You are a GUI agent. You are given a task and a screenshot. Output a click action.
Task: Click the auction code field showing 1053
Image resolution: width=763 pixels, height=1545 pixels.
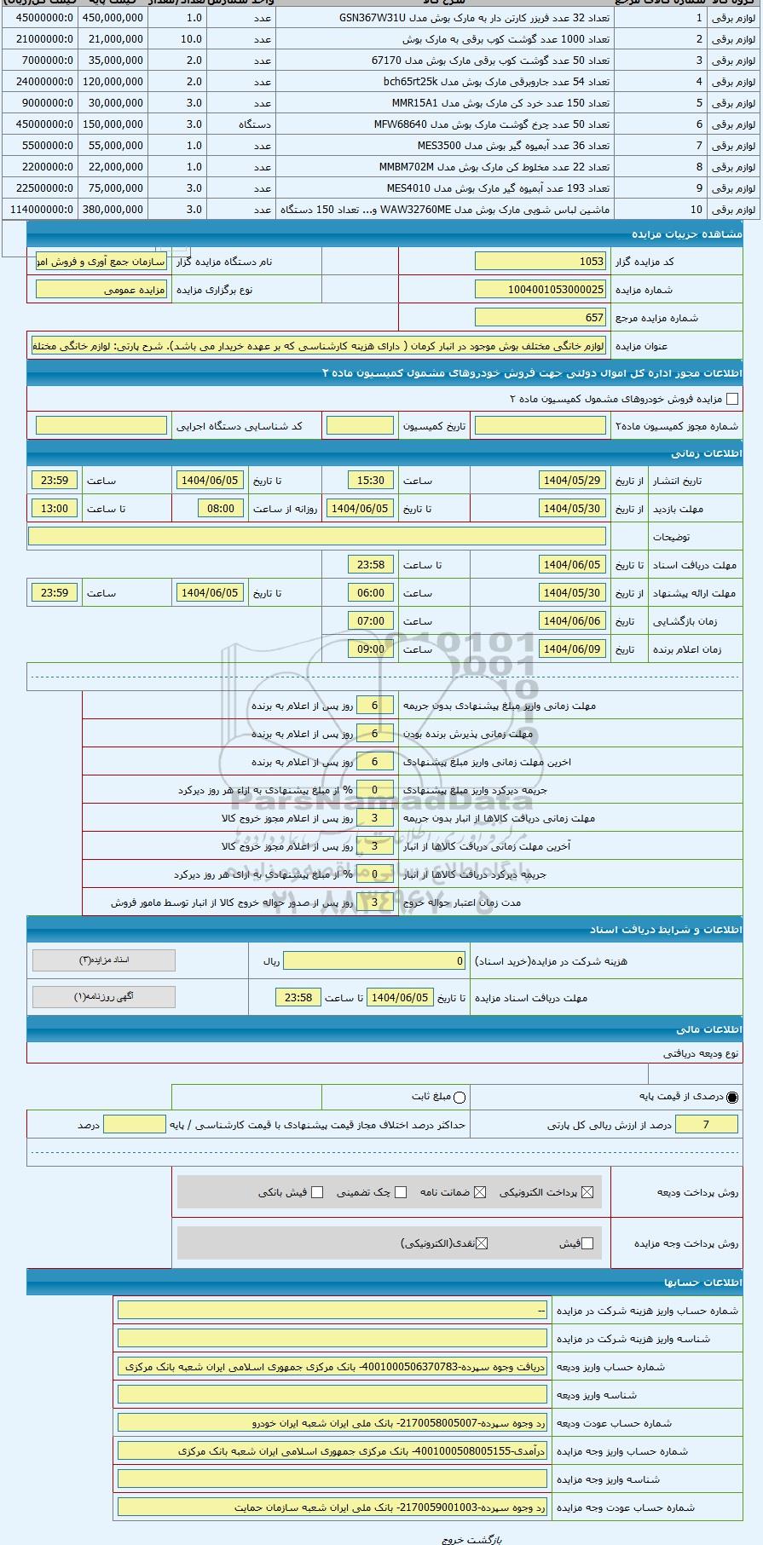coord(540,262)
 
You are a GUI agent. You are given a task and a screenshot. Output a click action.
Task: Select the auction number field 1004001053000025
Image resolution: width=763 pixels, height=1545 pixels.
coord(540,290)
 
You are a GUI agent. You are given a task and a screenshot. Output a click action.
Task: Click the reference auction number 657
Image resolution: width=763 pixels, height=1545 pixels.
coord(540,318)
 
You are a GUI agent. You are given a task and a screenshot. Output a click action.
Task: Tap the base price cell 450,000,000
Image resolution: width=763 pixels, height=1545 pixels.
coord(113,18)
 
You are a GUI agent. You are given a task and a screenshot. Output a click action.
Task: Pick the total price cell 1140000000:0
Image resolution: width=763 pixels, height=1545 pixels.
coord(40,210)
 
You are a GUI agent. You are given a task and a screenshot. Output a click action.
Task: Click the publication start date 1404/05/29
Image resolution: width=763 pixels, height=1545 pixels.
coord(572,481)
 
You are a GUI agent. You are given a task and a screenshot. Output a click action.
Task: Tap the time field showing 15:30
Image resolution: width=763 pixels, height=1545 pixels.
coord(371,481)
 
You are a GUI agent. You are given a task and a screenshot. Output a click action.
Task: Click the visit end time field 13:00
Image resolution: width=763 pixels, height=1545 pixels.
coord(55,509)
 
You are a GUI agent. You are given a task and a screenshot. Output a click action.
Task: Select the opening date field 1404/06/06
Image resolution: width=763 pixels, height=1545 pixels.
coord(572,621)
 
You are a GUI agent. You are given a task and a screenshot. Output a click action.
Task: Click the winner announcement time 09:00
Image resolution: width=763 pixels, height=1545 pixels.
coord(371,649)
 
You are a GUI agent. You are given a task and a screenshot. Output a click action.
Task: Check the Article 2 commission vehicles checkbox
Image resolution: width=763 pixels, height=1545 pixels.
coord(731,399)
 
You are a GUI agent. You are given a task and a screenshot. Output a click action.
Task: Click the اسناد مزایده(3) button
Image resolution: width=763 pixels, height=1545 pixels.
coord(104,960)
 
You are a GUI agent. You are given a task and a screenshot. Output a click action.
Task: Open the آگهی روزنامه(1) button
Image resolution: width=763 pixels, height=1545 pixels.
coord(104,996)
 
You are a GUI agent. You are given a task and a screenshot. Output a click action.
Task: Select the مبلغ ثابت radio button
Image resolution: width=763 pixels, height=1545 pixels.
coord(460,1098)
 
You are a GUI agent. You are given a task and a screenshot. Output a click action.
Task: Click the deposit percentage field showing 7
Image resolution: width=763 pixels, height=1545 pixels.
coord(706,1125)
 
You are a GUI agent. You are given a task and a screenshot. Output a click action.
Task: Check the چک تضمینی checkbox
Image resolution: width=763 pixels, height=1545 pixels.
coord(401,1192)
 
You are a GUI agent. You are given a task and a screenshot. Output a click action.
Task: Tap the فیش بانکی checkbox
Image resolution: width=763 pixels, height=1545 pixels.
coord(317,1192)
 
